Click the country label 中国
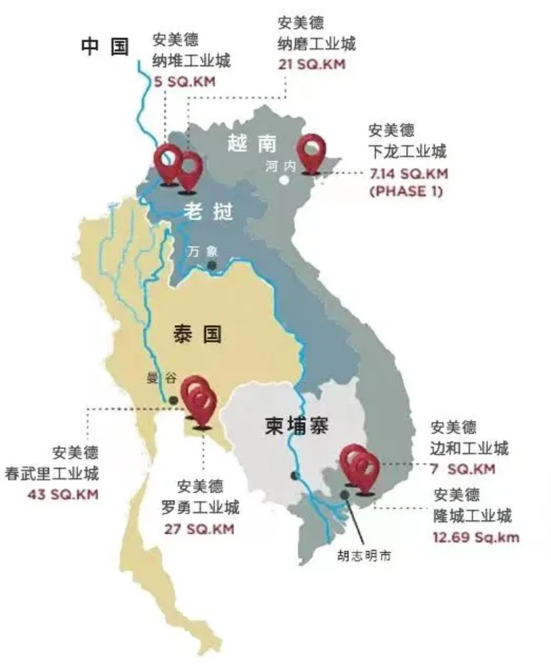click(x=105, y=47)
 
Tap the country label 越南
click(x=252, y=144)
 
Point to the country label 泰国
click(x=197, y=334)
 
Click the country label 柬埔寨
click(x=298, y=426)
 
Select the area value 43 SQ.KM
click(x=63, y=494)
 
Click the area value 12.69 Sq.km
click(x=477, y=537)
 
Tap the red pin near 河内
click(x=312, y=152)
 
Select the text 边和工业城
click(x=470, y=447)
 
